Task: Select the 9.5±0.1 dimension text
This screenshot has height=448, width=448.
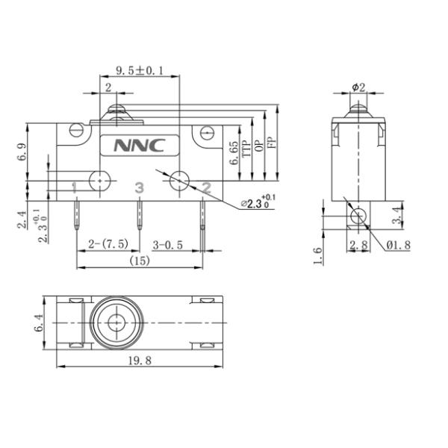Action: [140, 72]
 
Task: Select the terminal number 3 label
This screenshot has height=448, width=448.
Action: [138, 187]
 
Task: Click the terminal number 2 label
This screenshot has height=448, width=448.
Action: [207, 187]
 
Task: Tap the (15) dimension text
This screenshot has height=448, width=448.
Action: [138, 261]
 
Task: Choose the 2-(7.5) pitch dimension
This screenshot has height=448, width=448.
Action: [109, 244]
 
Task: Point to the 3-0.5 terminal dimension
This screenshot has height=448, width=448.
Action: [169, 244]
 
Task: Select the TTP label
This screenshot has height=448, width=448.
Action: [246, 152]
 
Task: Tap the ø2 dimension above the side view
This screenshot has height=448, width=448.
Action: [358, 87]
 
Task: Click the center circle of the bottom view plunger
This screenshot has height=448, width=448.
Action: [116, 322]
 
